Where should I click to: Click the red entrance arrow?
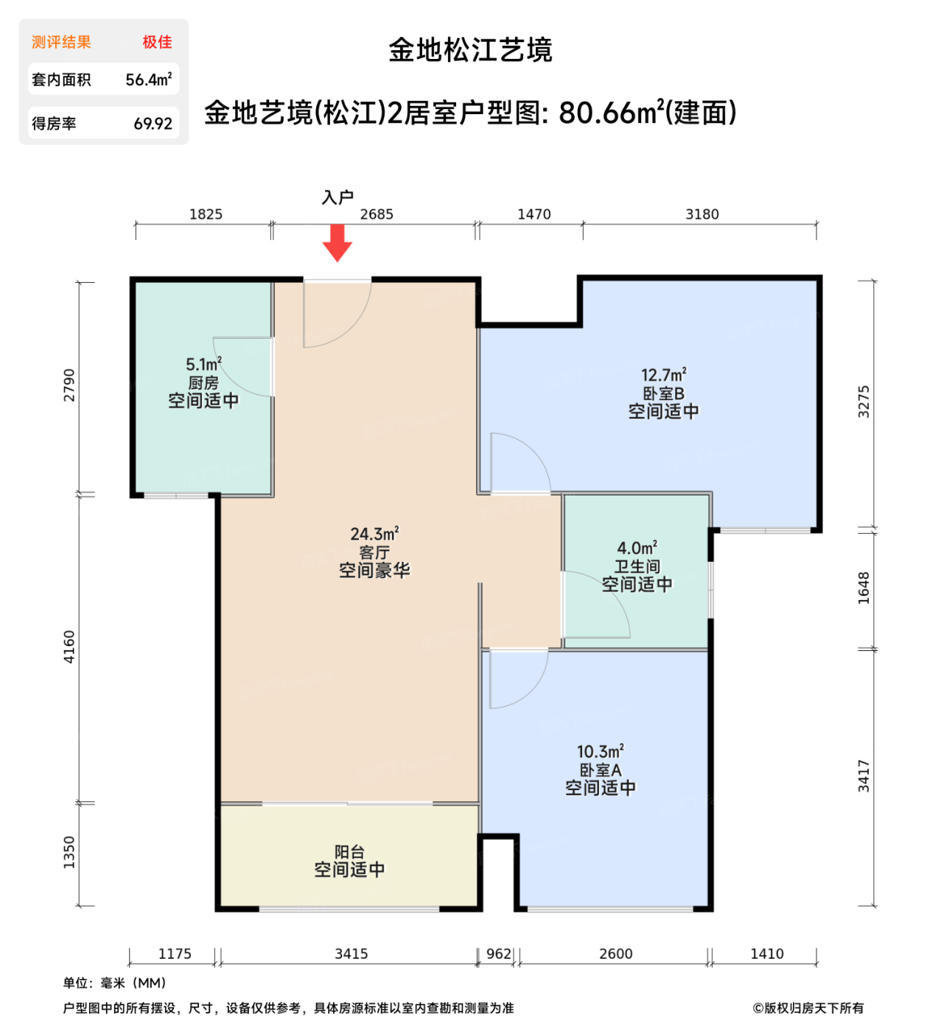tap(337, 242)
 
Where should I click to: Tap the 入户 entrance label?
tap(337, 197)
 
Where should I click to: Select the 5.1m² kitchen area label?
tap(203, 365)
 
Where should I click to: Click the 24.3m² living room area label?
tap(374, 534)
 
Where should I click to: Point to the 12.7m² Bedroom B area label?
tap(663, 376)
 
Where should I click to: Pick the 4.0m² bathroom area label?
tap(637, 549)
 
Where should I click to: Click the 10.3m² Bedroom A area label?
tap(600, 752)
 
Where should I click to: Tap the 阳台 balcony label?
tap(349, 852)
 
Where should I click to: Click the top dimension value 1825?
tap(206, 214)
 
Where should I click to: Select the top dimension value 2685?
tap(377, 214)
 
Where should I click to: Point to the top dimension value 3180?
tap(702, 214)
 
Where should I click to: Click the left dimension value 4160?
tap(69, 647)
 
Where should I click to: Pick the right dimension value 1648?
tap(864, 588)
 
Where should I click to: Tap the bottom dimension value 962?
tap(499, 954)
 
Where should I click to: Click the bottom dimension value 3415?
tap(351, 954)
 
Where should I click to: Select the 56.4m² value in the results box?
tap(148, 80)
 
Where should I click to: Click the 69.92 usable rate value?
tap(153, 124)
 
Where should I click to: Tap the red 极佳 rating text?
tap(157, 42)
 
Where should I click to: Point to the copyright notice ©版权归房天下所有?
tap(808, 1008)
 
